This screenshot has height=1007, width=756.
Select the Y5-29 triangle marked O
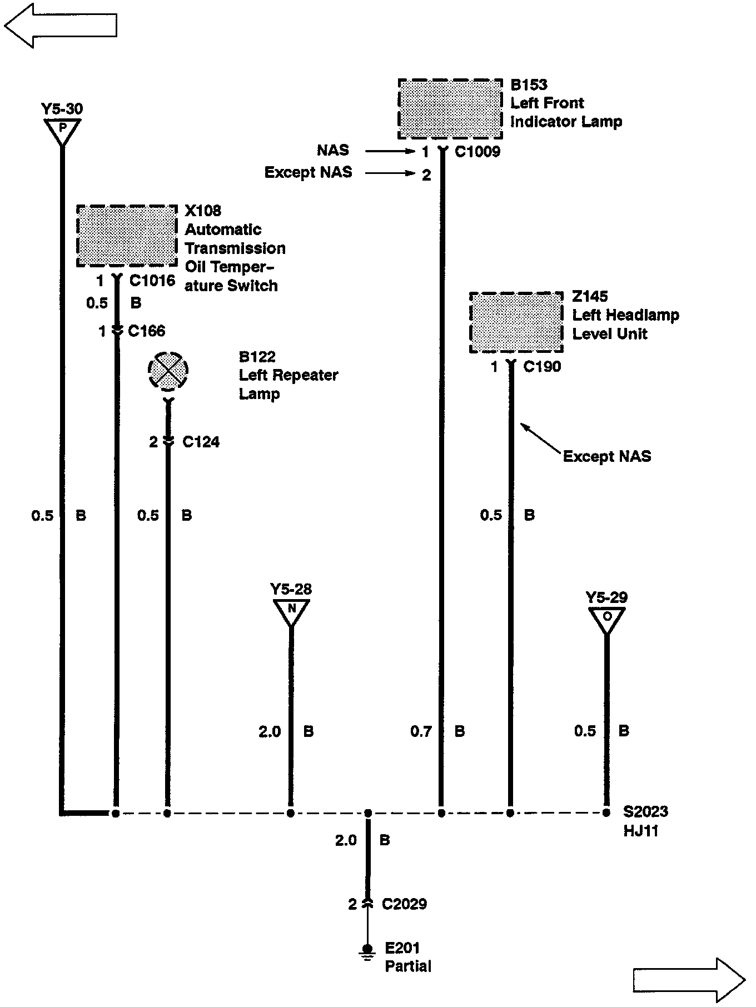(606, 618)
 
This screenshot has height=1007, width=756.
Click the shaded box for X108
(127, 236)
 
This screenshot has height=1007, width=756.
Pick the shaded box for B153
(451, 109)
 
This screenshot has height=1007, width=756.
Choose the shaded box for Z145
(516, 322)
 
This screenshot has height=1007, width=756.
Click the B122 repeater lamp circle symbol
(168, 371)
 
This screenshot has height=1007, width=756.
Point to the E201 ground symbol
(367, 949)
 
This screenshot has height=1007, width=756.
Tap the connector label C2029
(404, 904)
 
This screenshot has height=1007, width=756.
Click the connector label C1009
(478, 152)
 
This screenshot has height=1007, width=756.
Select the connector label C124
(201, 442)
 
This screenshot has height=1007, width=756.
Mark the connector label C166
(146, 331)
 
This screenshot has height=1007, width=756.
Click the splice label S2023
(645, 812)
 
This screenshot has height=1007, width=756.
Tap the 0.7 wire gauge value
(421, 731)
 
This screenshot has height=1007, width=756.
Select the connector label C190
(542, 367)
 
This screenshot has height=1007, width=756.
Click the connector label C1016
(152, 281)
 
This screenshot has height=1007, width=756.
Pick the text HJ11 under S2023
(640, 831)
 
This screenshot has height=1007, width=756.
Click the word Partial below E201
(408, 966)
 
